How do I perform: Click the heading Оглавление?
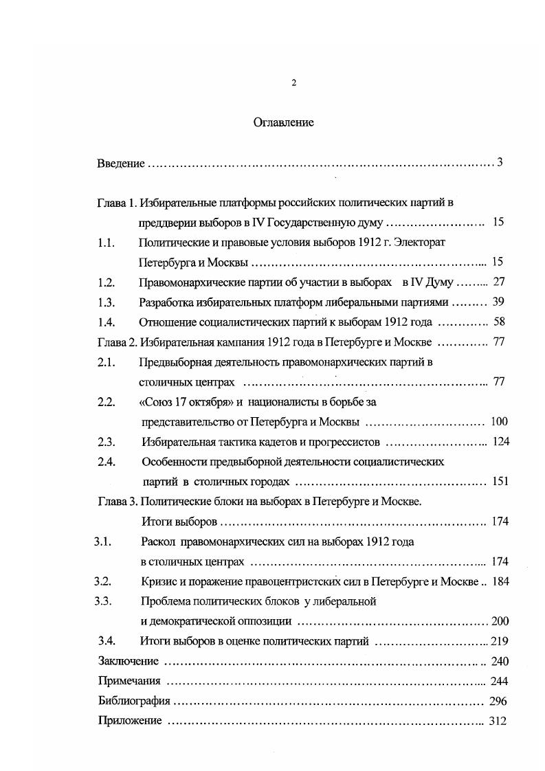coord(283,123)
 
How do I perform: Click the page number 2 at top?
coord(293,83)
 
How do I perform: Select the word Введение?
coord(120,164)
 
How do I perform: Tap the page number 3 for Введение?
coord(500,163)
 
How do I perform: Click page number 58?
coord(499,322)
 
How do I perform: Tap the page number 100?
coord(500,422)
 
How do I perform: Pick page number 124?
coord(501,442)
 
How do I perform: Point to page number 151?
coord(500,482)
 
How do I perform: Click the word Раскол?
coord(157,541)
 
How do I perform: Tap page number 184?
coord(500,582)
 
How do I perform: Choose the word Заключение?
coord(129,662)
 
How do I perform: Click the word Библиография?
coord(133,702)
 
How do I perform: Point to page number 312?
coord(497,722)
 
